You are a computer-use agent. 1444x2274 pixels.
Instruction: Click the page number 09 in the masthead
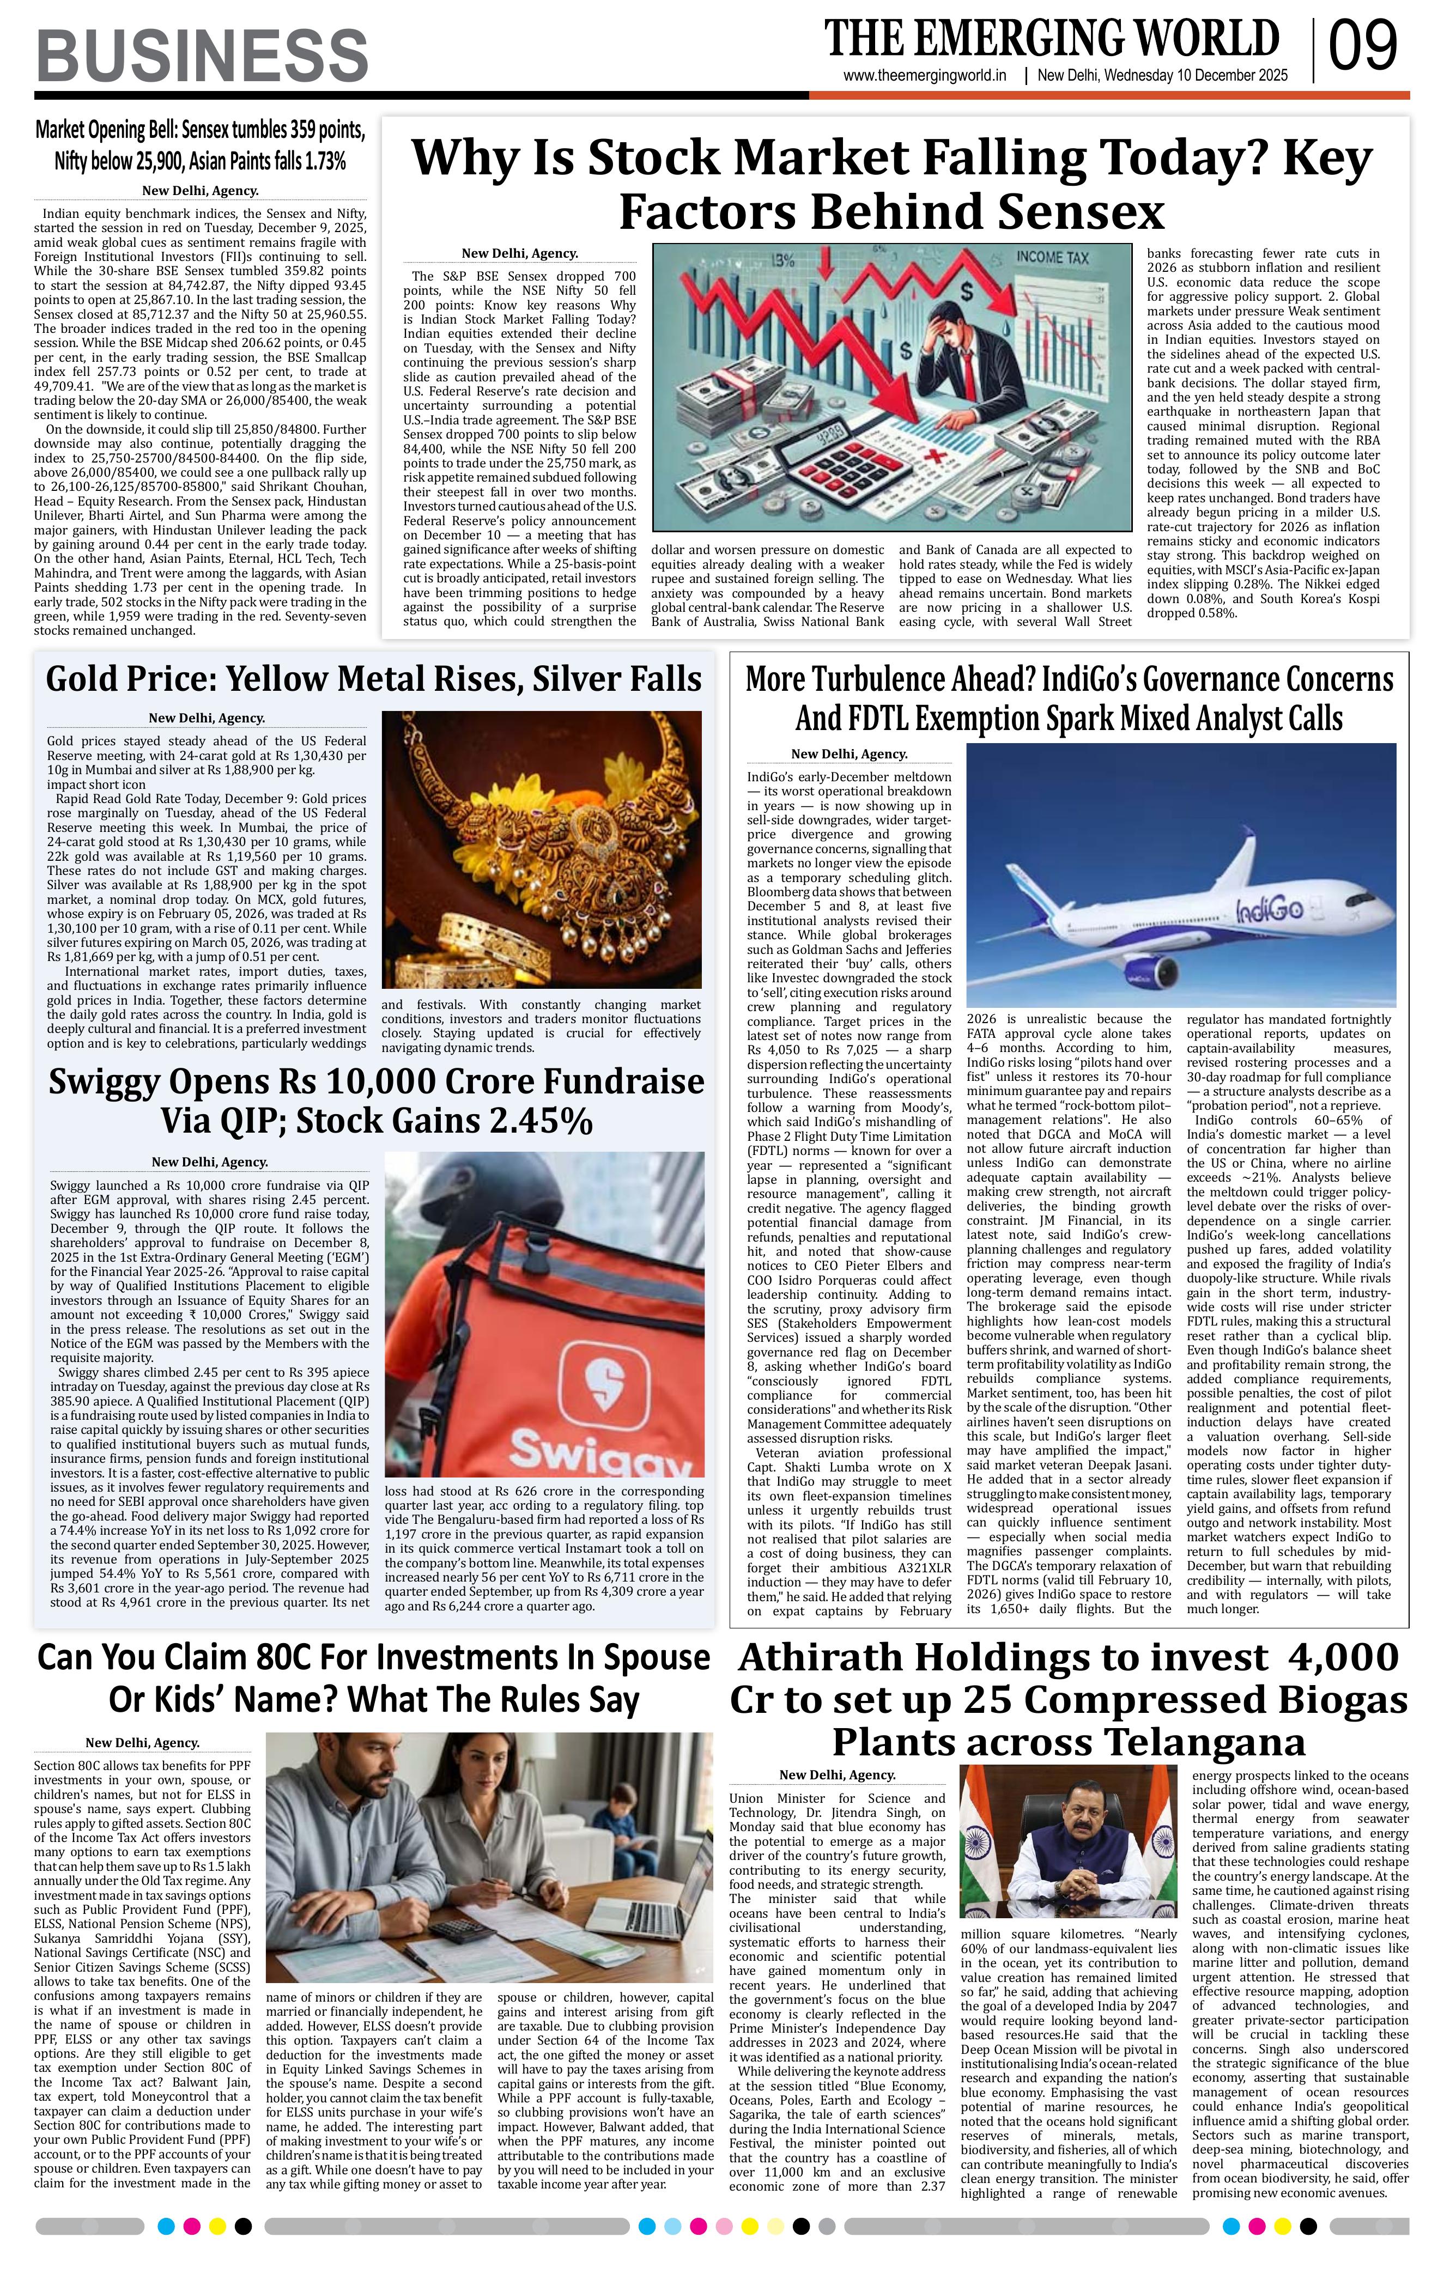[1363, 47]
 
